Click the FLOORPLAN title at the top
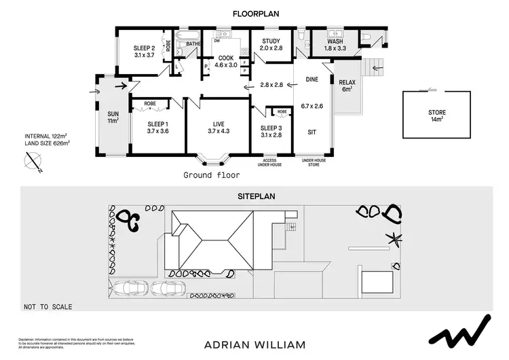tap(256, 13)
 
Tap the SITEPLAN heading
tap(256, 195)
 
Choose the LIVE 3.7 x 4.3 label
tap(218, 127)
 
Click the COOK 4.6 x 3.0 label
tap(226, 62)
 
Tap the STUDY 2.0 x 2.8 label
tap(271, 45)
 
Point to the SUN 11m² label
tap(113, 118)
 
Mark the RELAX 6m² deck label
tap(347, 86)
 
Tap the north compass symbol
tap(32, 162)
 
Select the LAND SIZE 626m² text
tap(47, 143)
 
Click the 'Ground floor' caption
tap(212, 175)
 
